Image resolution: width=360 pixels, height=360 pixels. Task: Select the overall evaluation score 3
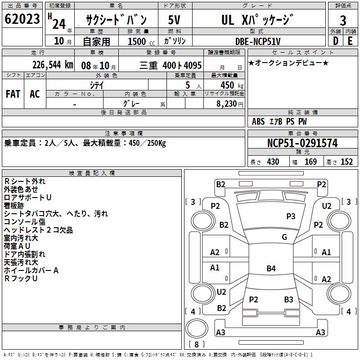click(343, 20)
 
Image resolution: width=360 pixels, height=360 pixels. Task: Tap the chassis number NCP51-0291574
click(302, 144)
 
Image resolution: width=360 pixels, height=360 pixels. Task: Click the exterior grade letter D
click(335, 41)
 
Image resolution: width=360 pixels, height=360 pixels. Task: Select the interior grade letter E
click(350, 41)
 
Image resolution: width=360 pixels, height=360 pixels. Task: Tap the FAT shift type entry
click(13, 94)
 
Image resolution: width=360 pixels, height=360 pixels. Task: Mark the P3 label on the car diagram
click(291, 216)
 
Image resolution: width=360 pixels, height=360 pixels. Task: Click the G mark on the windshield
click(284, 237)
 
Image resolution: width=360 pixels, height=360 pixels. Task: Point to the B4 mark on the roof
click(270, 269)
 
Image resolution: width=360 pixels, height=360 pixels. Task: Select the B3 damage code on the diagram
click(288, 299)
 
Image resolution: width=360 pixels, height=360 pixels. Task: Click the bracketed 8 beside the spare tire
click(197, 344)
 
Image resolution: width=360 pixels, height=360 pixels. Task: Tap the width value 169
click(310, 162)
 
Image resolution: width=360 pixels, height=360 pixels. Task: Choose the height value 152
click(346, 162)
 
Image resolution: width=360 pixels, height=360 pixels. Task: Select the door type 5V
click(175, 20)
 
